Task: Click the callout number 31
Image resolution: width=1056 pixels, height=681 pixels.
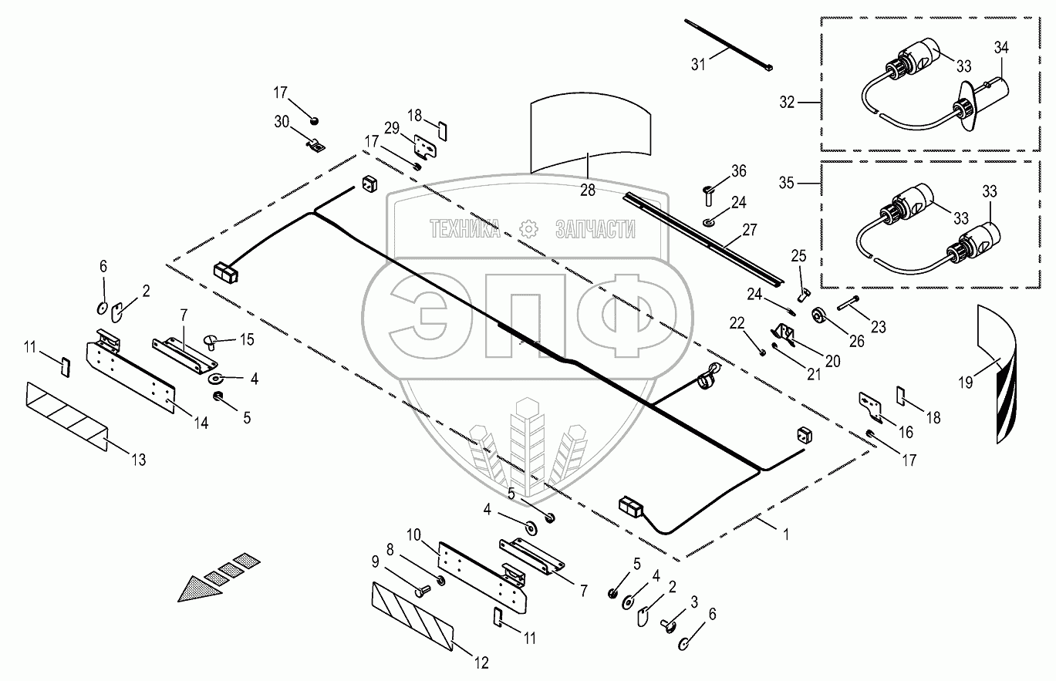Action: [697, 65]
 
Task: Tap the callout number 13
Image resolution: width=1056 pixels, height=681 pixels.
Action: [138, 460]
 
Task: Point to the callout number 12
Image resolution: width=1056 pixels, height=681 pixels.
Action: [481, 662]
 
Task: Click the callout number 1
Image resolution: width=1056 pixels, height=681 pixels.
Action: [785, 534]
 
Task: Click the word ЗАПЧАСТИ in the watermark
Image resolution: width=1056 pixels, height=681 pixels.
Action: [595, 229]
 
